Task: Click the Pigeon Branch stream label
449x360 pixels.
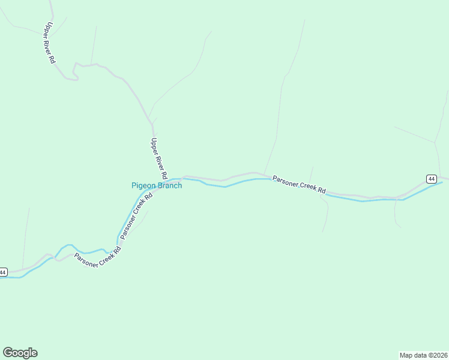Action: coord(157,186)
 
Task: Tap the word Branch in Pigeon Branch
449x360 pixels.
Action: coord(169,186)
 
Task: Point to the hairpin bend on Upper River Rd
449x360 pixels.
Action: coord(74,71)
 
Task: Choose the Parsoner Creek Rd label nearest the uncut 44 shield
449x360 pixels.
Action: coord(298,185)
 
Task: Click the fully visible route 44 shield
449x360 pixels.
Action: coord(432,179)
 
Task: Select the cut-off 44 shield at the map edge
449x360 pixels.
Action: coord(3,272)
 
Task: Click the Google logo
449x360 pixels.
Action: coord(20,353)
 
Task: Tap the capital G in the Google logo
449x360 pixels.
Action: coord(8,352)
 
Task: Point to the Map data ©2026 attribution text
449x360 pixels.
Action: coord(423,355)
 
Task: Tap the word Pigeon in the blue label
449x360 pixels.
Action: coord(143,186)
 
